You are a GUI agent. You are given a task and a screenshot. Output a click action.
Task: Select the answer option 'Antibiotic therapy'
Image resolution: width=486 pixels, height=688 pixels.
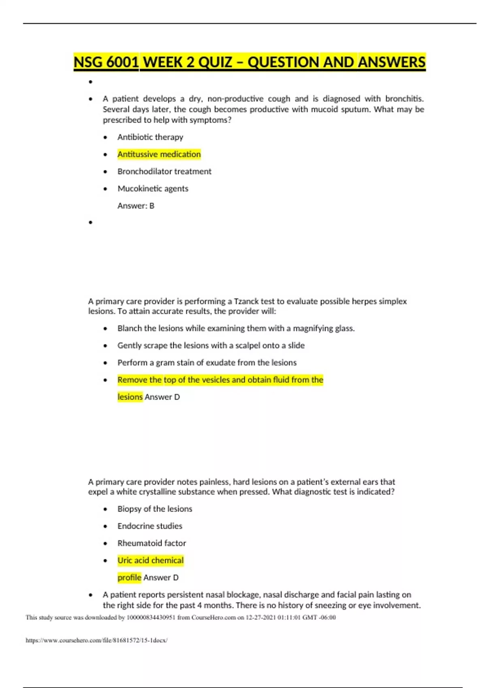(150, 137)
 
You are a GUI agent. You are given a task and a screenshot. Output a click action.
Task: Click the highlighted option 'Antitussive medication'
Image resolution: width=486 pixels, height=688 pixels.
(159, 154)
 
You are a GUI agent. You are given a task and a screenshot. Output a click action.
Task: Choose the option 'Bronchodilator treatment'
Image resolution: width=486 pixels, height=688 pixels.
(164, 172)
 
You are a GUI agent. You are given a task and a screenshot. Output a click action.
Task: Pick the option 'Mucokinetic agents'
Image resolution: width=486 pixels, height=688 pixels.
(153, 189)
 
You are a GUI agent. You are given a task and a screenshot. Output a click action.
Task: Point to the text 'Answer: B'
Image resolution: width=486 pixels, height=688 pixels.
(136, 206)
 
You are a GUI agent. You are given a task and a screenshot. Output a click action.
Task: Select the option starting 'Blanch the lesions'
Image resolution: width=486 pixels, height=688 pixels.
(236, 329)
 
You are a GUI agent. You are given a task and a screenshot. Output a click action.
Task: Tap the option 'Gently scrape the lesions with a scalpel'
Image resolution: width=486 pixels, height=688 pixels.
(211, 346)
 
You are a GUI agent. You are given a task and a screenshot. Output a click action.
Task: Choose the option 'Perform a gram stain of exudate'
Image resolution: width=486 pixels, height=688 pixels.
(207, 363)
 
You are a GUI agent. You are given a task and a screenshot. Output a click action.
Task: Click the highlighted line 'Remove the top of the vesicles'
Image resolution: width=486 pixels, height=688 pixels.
(220, 380)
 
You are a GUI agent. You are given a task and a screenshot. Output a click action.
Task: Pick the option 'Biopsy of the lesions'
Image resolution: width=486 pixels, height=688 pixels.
(155, 509)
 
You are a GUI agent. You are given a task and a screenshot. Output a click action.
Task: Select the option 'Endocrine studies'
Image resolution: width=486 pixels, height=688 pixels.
(150, 526)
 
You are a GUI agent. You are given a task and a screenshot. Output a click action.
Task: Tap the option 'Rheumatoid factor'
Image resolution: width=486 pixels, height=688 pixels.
(151, 543)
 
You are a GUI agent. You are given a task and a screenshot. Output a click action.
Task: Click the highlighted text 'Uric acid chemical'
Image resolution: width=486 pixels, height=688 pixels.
(150, 561)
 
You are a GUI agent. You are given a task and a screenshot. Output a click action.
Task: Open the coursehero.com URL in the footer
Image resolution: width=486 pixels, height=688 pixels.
(96, 640)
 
